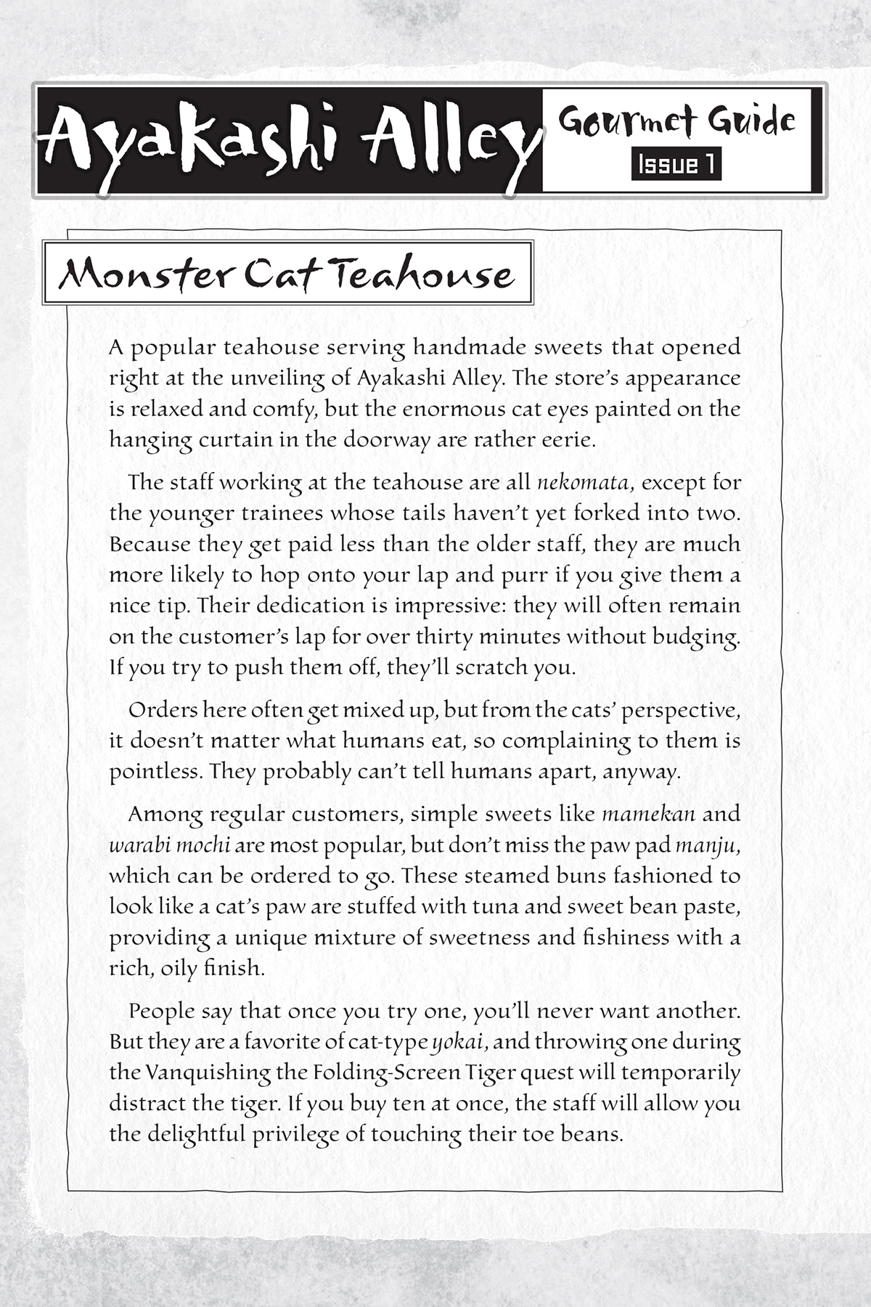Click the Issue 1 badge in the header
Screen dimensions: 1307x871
(676, 165)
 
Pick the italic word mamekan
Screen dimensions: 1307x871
(649, 814)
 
